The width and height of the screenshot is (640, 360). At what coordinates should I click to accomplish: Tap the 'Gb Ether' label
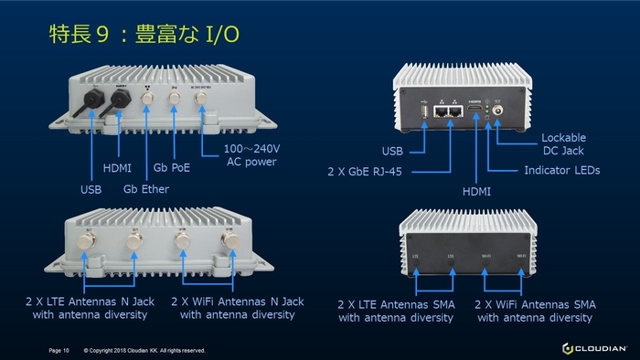[147, 189]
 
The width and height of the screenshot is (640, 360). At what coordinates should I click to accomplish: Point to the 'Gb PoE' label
[173, 168]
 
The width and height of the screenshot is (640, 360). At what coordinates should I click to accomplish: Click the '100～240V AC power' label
[251, 155]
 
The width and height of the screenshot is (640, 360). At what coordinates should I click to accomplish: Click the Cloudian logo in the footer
[593, 348]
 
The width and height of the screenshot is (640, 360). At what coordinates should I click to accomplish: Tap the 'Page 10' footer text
[59, 350]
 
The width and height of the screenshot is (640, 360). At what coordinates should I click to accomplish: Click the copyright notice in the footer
[144, 350]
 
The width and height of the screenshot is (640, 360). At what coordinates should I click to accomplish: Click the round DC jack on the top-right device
[499, 111]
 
